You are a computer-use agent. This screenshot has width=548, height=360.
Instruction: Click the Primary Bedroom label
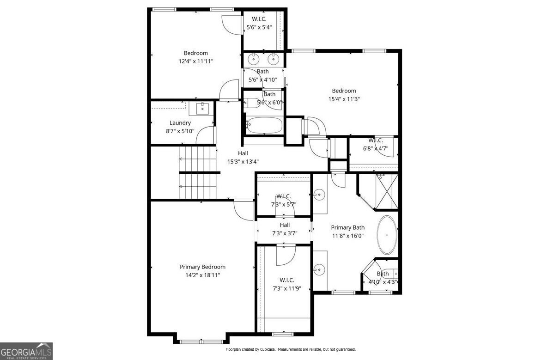click(202, 267)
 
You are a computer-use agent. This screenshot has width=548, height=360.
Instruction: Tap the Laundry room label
click(180, 123)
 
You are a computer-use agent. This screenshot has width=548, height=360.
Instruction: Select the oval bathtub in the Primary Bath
click(387, 235)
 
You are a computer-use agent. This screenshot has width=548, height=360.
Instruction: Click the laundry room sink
click(202, 109)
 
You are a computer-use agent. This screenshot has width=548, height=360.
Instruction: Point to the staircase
click(198, 172)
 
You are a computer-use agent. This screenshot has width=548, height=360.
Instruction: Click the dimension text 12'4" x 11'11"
click(196, 61)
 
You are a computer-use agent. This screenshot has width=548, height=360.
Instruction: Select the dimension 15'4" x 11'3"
click(344, 99)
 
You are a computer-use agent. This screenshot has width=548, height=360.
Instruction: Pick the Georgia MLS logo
click(26, 351)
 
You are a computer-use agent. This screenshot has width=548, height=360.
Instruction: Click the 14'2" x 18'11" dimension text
click(202, 275)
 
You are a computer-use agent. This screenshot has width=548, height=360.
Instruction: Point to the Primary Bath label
click(347, 227)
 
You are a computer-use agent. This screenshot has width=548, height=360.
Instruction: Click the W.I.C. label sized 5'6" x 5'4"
click(259, 19)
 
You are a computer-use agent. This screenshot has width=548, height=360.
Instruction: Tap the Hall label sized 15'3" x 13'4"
click(243, 153)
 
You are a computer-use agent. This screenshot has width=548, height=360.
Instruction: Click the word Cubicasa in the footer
click(264, 349)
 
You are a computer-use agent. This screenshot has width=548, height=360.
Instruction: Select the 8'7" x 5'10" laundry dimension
click(180, 131)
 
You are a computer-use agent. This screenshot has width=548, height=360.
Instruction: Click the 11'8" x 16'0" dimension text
click(347, 236)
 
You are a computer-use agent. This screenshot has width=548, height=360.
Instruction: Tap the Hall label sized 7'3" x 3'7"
click(284, 225)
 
